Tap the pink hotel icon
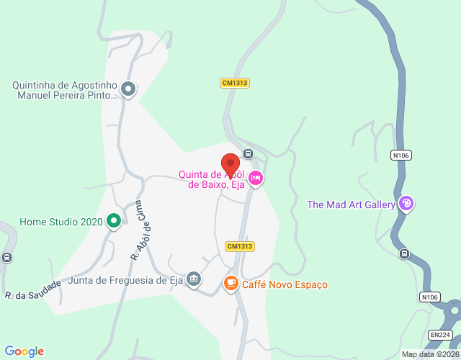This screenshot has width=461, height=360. click(x=255, y=177)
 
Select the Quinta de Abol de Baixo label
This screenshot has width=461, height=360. click(x=212, y=179)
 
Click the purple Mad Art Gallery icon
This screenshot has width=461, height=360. click(x=406, y=204)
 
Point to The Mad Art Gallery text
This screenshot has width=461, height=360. click(x=352, y=204)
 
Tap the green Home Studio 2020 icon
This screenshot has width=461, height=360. click(x=113, y=222)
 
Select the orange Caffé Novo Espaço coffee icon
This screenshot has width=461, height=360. click(x=230, y=284)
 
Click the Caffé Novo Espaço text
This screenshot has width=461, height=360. click(x=285, y=284)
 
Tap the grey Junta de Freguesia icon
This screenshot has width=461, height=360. click(x=193, y=279)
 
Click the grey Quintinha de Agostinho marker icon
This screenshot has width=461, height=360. click(x=128, y=89)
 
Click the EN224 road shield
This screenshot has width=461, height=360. click(x=439, y=335)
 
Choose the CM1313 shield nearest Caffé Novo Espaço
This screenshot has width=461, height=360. click(x=239, y=246)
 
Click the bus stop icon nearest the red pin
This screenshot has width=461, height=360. click(x=248, y=153)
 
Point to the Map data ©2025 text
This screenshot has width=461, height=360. click(x=430, y=354)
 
